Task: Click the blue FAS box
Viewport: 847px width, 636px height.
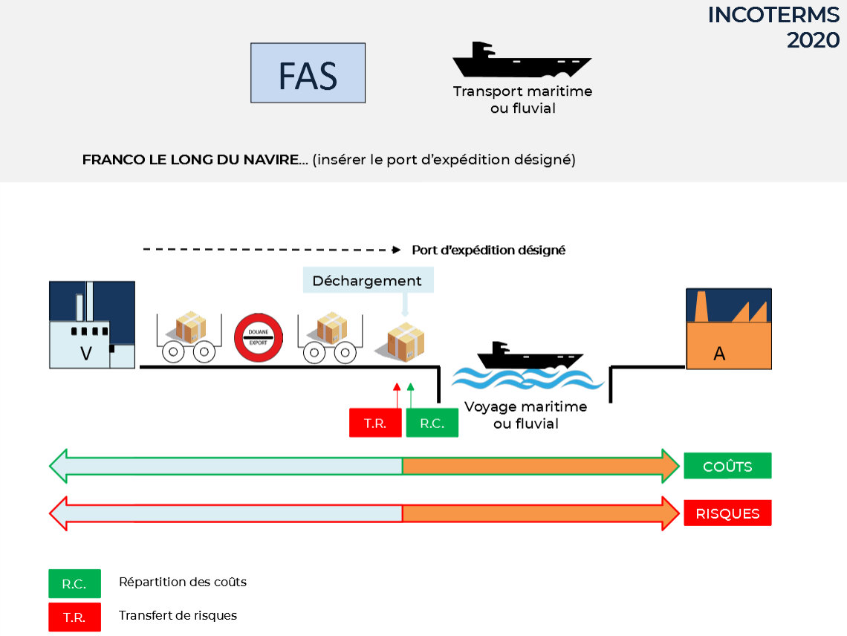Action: point(308,73)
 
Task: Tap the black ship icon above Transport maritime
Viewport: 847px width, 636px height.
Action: point(522,60)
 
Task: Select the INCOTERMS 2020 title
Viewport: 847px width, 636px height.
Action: point(773,27)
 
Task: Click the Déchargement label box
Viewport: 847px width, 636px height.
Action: point(368,280)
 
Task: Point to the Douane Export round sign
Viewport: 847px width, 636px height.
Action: point(259,337)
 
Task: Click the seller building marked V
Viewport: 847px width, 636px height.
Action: point(92,325)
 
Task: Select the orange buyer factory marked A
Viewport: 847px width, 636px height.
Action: point(729,329)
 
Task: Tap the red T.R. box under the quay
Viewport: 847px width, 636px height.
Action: point(375,423)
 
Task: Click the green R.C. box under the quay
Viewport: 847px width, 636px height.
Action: point(432,423)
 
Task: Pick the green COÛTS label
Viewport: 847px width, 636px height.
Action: point(727,466)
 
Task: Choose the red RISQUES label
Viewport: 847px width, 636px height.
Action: point(727,513)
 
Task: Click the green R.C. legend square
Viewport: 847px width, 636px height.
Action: point(74,583)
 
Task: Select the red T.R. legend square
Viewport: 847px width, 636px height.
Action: point(74,617)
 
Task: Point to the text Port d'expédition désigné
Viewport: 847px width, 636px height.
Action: point(488,250)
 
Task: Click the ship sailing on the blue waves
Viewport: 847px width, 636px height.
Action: point(530,356)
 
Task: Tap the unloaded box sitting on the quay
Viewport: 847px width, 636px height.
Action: point(406,342)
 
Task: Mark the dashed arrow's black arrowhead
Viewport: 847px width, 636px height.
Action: point(397,250)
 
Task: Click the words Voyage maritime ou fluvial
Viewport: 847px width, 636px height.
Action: point(525,415)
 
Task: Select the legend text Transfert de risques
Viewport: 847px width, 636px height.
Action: point(178,615)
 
